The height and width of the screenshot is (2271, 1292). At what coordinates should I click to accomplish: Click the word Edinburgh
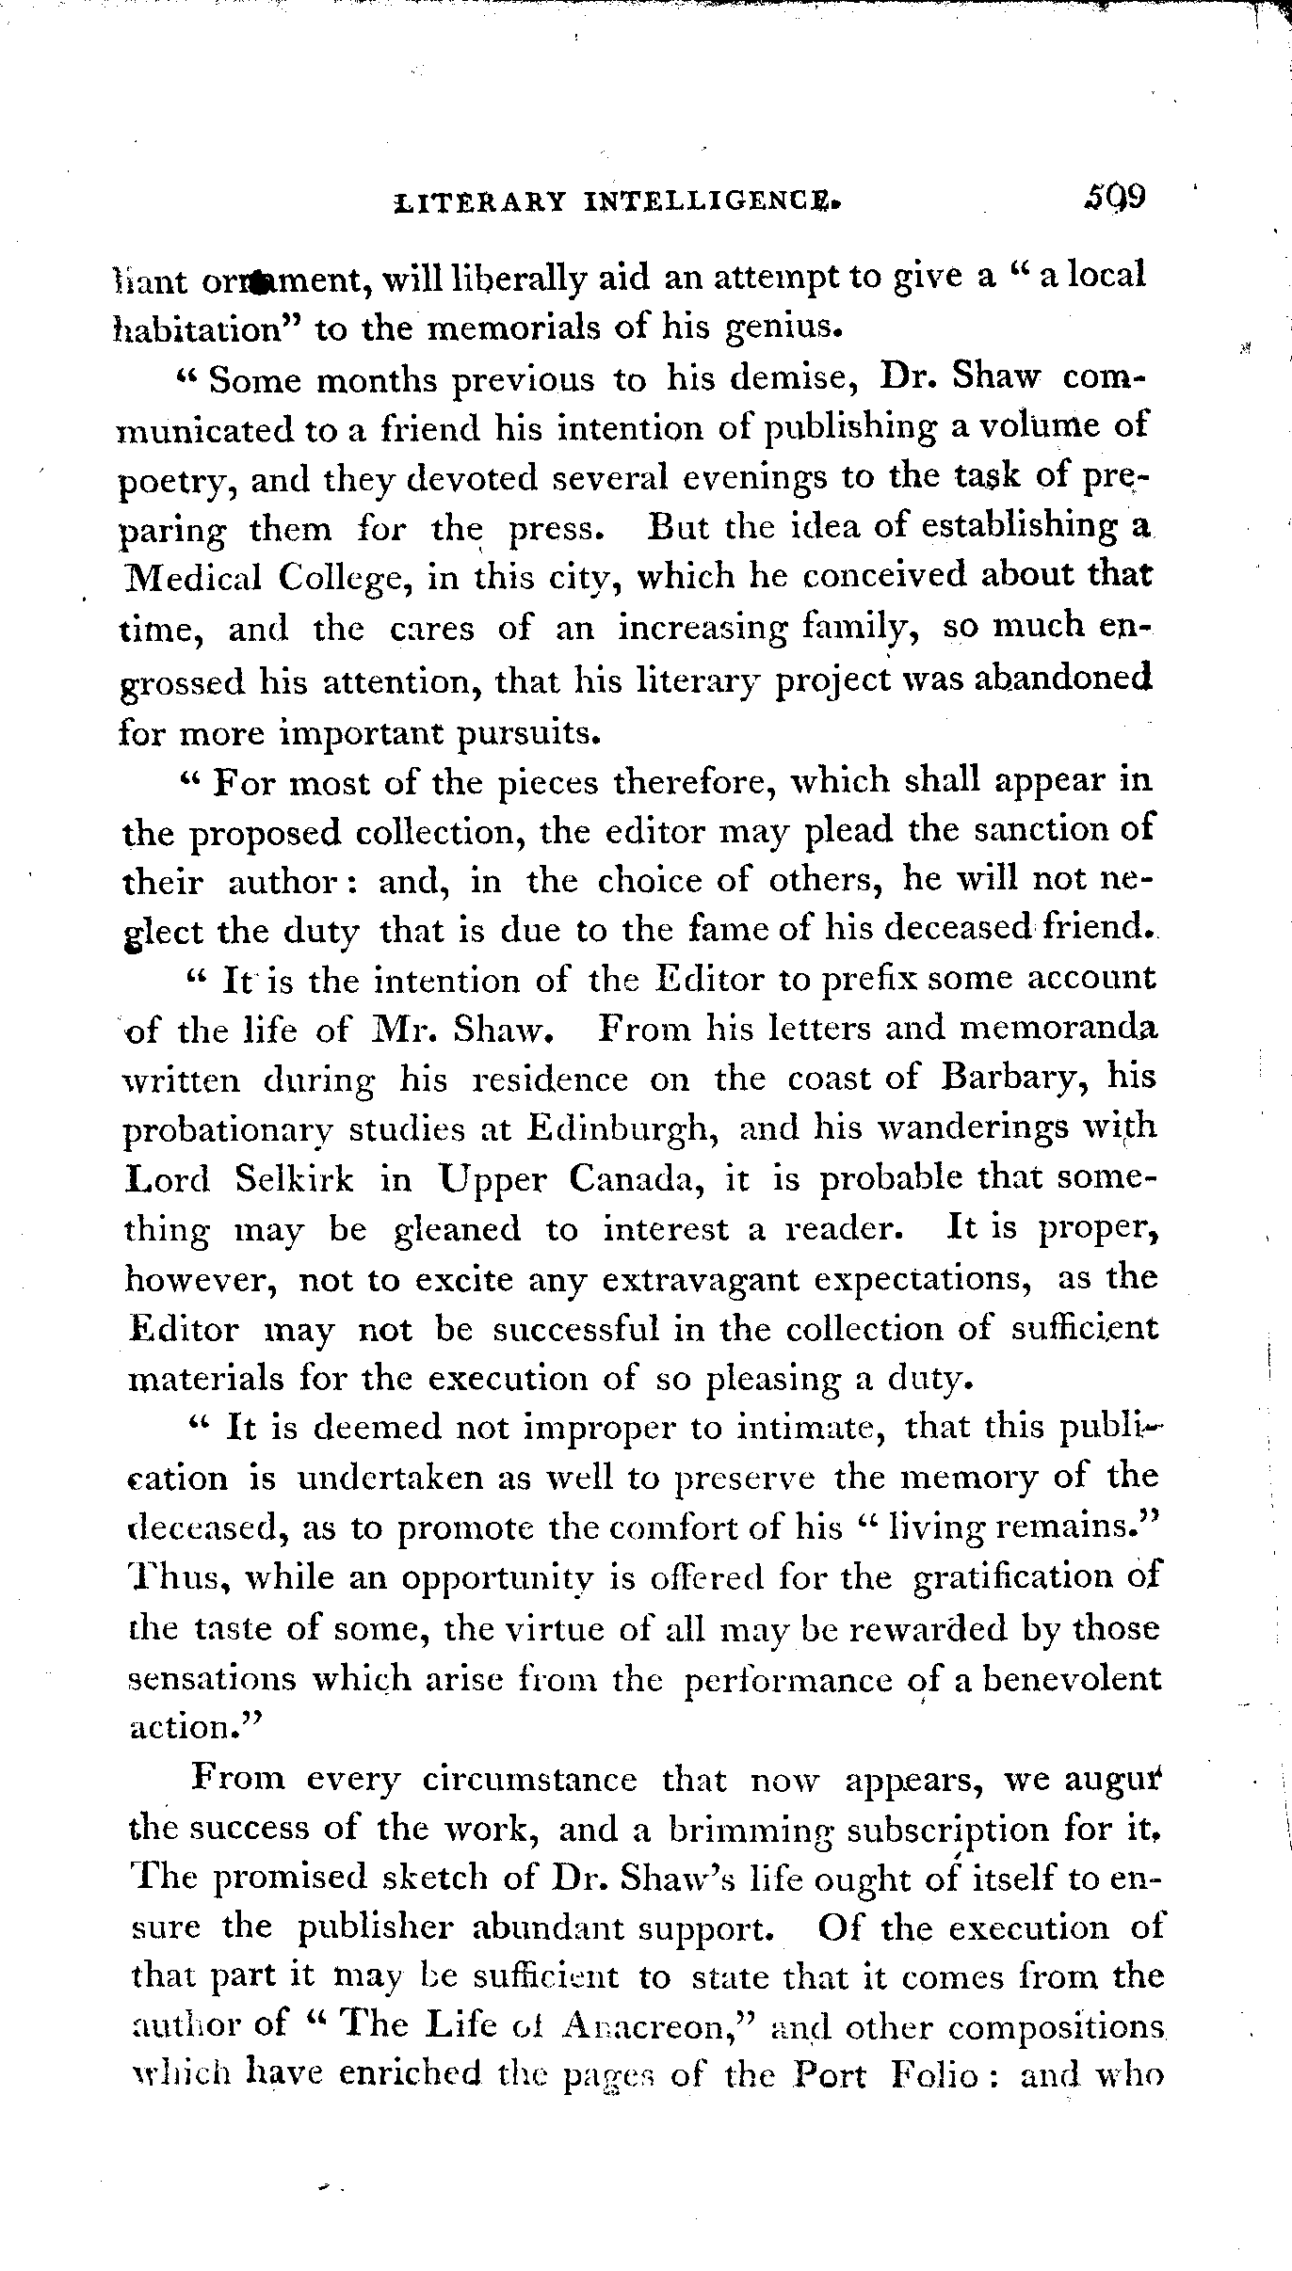tap(618, 1128)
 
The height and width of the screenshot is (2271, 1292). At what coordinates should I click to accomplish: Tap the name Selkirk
tap(295, 1179)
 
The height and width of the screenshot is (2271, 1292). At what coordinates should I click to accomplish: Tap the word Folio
tap(933, 2075)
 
